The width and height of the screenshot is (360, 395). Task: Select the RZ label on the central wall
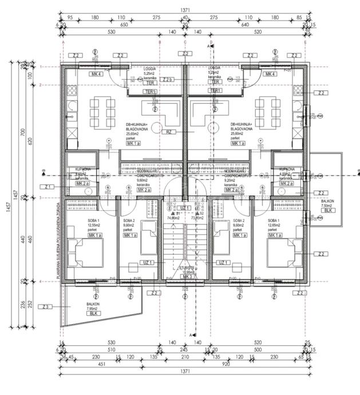169,132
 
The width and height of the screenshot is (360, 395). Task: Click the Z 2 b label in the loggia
167,80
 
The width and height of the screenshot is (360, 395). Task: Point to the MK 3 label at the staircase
187,276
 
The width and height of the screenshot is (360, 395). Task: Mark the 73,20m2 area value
197,218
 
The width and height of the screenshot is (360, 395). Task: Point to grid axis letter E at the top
306,43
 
